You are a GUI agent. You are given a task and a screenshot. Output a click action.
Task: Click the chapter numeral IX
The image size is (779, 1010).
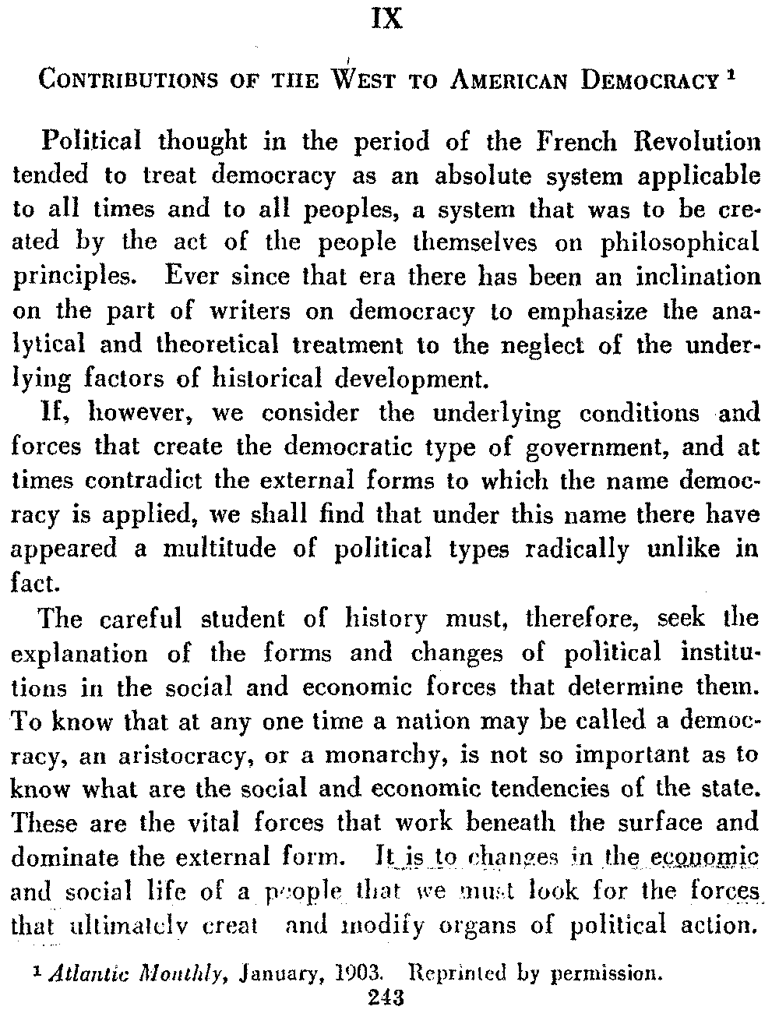[x=387, y=18]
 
